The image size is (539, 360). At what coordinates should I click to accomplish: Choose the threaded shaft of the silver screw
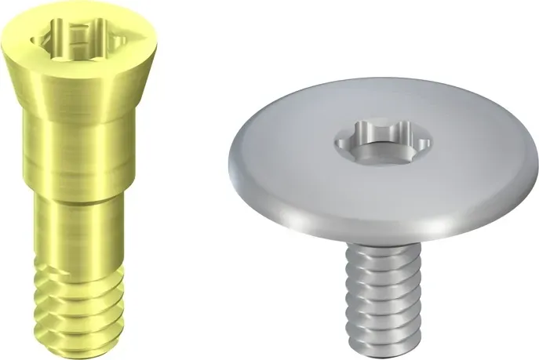pos(377,294)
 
